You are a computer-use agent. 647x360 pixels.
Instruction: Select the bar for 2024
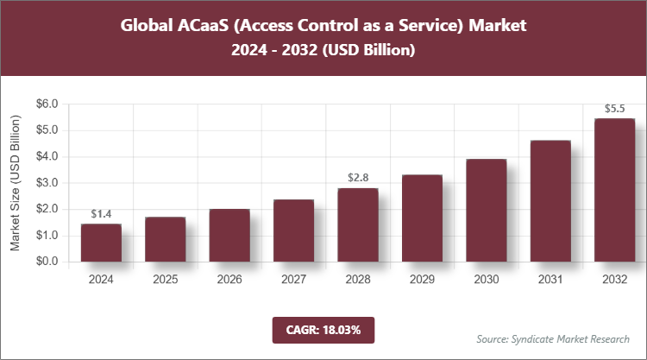(x=101, y=243)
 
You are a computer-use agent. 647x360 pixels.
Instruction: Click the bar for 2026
(x=229, y=235)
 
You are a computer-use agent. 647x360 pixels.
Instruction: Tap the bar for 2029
(x=421, y=218)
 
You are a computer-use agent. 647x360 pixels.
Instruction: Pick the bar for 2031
(x=550, y=201)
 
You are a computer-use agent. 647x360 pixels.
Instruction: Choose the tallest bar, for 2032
(x=613, y=190)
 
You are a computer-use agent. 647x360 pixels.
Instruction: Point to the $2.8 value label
(x=357, y=178)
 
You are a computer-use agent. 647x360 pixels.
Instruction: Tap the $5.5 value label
(x=613, y=109)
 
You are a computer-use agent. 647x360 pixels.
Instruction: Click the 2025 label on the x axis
(x=165, y=280)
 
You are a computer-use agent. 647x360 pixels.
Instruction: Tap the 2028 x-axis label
(x=357, y=280)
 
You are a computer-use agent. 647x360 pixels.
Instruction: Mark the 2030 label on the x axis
(x=486, y=280)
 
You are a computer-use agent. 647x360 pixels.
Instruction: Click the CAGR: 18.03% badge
(x=323, y=329)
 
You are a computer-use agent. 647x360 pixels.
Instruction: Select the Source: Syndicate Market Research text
(x=553, y=338)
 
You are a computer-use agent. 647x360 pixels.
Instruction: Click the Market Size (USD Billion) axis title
(x=15, y=183)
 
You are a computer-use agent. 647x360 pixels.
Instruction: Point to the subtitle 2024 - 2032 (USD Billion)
(x=323, y=52)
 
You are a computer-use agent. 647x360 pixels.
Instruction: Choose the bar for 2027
(x=293, y=231)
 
